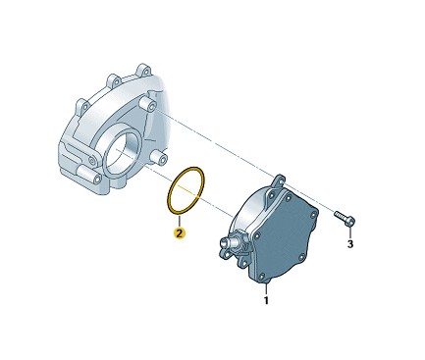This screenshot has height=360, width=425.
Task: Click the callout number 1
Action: (x=266, y=300)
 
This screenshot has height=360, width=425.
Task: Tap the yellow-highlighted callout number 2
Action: (x=179, y=233)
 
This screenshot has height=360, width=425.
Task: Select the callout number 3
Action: (x=350, y=243)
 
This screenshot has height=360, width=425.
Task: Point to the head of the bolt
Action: (x=350, y=221)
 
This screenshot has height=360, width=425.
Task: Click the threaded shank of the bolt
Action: (x=340, y=215)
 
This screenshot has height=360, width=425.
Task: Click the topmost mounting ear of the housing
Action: (x=142, y=70)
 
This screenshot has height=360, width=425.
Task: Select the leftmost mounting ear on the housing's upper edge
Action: (x=82, y=105)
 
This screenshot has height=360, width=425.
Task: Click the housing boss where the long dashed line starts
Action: (x=147, y=105)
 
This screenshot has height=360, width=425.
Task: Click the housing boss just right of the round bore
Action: (x=158, y=158)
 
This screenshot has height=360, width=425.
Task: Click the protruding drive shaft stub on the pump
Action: (x=226, y=242)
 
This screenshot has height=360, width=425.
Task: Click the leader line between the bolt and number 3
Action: (x=350, y=231)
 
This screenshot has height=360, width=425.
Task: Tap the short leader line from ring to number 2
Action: (x=179, y=221)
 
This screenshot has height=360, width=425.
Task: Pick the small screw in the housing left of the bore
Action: (x=92, y=161)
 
